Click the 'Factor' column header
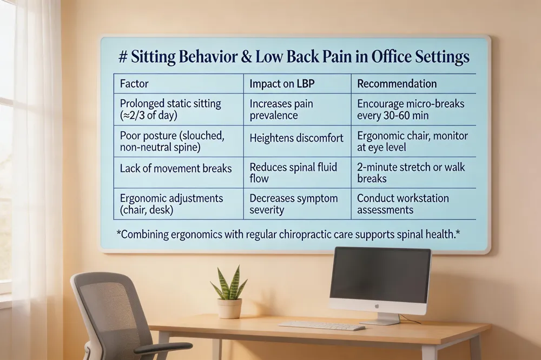[x=134, y=84]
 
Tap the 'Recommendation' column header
[x=397, y=84]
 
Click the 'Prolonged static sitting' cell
[x=170, y=109]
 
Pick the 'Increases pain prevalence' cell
[x=281, y=109]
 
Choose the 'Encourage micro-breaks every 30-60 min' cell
[x=411, y=109]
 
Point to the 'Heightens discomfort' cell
[x=296, y=138]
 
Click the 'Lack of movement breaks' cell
[x=175, y=169]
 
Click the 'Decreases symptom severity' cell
[x=293, y=203]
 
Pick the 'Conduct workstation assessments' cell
[x=403, y=203]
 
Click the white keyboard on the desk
[x=321, y=326]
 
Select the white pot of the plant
[x=229, y=308]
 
